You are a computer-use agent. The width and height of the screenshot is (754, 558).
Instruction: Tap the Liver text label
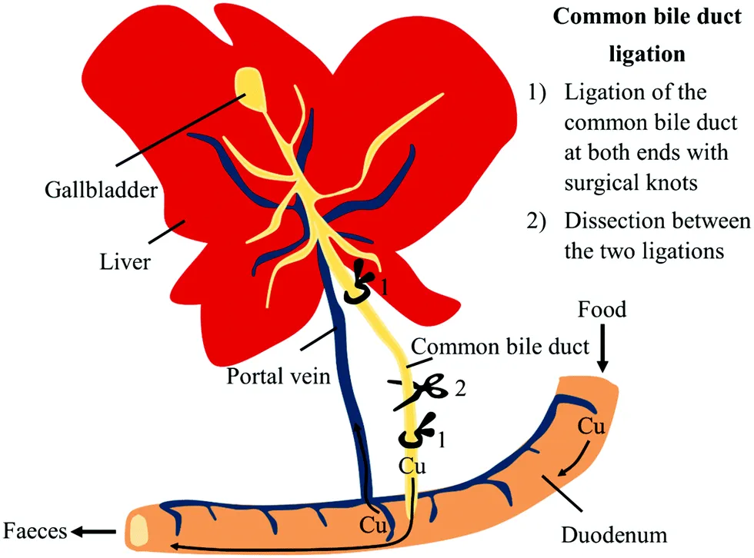[125, 262]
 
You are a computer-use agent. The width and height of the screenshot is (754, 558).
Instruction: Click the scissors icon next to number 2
[424, 391]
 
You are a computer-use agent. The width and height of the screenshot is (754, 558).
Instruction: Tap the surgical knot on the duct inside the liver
[360, 283]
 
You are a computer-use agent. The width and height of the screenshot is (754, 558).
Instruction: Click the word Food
[603, 310]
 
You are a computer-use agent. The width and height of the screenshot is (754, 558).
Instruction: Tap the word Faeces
[33, 530]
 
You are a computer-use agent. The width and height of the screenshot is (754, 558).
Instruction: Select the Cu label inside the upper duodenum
[590, 427]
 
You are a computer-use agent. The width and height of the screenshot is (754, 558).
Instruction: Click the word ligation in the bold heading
[646, 55]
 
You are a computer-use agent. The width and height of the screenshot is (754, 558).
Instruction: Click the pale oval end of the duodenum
[139, 530]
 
